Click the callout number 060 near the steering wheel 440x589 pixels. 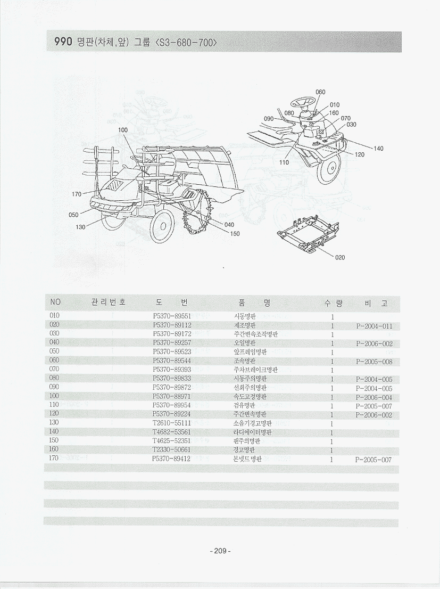click(320, 92)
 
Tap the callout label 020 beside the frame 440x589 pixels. click(340, 257)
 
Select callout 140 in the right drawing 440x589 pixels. click(378, 149)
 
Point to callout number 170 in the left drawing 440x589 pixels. click(77, 194)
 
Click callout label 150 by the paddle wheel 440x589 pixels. click(235, 234)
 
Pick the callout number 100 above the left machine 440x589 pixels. click(123, 130)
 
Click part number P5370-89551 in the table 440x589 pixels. click(172, 316)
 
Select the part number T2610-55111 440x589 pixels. click(172, 423)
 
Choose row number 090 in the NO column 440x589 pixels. click(54, 387)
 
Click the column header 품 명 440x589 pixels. click(254, 303)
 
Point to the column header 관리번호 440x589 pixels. click(109, 302)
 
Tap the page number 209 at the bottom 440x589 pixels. click(220, 551)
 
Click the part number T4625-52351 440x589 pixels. click(172, 441)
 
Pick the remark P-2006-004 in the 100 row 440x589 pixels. click(375, 397)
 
